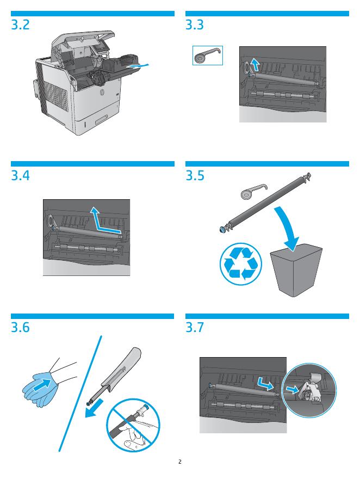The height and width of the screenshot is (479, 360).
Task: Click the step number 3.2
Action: click(x=21, y=24)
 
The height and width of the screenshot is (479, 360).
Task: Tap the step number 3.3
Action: click(x=195, y=24)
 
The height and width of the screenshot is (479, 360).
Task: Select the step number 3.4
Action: click(x=21, y=176)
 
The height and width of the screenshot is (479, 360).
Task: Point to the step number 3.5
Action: click(x=195, y=176)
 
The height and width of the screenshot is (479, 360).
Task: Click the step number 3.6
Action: click(x=21, y=328)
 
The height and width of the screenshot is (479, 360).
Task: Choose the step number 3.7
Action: click(x=195, y=328)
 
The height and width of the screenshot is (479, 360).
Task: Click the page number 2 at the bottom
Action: click(x=180, y=462)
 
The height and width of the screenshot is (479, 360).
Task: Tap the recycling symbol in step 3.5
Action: click(x=241, y=263)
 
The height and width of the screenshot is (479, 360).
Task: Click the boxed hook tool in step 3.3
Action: click(x=207, y=56)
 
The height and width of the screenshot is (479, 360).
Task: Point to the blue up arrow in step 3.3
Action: click(x=255, y=65)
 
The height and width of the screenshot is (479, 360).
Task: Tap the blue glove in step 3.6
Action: click(x=38, y=389)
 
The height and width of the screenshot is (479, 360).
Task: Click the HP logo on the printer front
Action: click(x=102, y=91)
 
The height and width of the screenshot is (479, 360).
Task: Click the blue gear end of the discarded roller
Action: click(x=223, y=229)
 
